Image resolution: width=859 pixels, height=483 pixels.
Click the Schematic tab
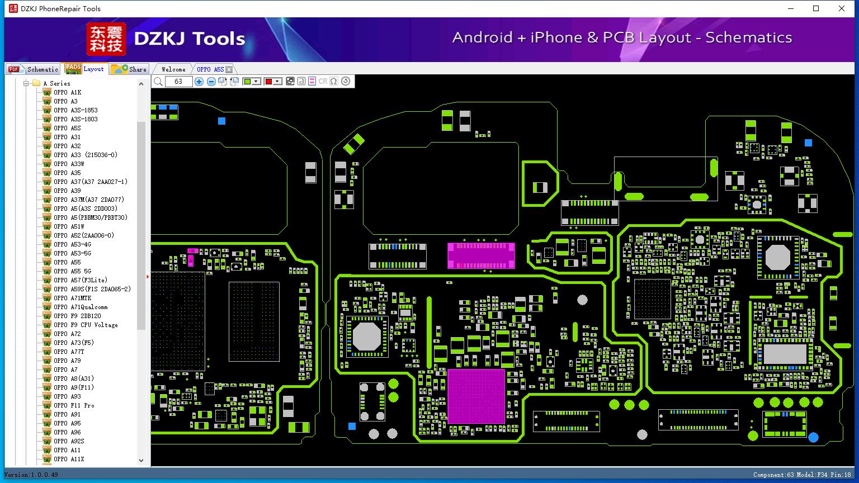34,69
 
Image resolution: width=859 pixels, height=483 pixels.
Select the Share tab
129,69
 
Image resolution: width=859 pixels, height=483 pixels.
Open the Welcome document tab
173,69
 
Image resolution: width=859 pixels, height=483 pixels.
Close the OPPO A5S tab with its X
229,69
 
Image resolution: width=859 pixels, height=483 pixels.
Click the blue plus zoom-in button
199,81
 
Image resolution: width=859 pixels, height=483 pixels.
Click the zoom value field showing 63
178,81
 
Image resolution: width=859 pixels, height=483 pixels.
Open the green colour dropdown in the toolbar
256,81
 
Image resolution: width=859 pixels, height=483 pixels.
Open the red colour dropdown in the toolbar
277,81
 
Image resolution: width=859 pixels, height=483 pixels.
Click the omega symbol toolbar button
334,81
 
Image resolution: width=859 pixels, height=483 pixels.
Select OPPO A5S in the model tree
67,128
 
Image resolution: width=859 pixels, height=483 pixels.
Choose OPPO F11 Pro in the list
74,405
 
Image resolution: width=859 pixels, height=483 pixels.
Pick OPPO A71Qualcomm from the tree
81,307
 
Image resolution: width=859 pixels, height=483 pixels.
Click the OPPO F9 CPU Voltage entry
86,325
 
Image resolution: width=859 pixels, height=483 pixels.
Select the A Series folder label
56,83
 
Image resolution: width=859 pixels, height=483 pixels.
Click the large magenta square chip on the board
476,396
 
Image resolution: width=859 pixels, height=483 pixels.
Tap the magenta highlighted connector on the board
482,255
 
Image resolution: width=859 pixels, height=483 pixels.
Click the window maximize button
816,8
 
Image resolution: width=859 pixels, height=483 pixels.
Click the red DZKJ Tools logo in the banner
106,39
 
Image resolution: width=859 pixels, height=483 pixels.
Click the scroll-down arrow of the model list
141,461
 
